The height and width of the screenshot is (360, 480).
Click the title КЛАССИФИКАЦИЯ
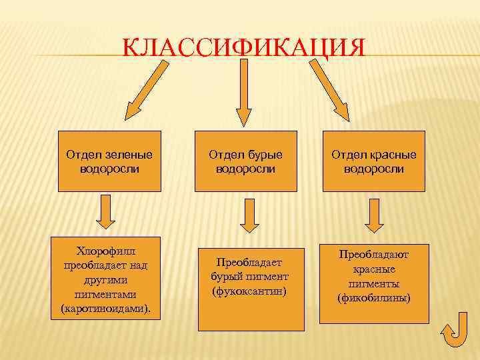coord(245,49)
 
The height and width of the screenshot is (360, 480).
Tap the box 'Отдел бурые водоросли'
coord(245,161)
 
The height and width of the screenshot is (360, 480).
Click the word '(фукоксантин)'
coord(249,291)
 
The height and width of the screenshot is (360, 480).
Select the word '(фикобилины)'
coord(374,297)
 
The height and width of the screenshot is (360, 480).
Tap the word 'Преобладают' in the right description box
coord(374,255)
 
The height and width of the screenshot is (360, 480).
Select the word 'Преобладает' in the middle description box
coord(249,263)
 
